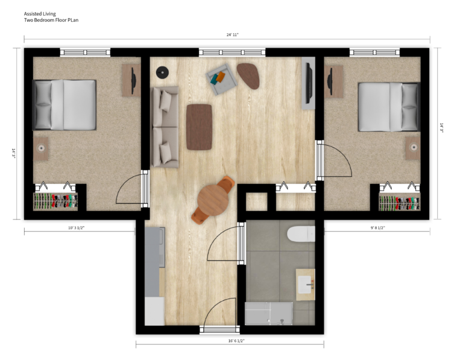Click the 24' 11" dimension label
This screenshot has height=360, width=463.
tap(233, 35)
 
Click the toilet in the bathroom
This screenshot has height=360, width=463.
tap(301, 233)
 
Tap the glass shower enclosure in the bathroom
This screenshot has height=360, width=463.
tap(269, 314)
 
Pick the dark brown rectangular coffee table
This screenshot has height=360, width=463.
tap(199, 127)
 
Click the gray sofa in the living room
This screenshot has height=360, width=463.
tap(165, 127)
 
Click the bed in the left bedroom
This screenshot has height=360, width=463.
tap(65, 105)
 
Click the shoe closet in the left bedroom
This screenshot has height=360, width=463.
tap(55, 201)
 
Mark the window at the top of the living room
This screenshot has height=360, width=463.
tap(232, 52)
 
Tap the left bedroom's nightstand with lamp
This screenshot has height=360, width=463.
tap(42, 148)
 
